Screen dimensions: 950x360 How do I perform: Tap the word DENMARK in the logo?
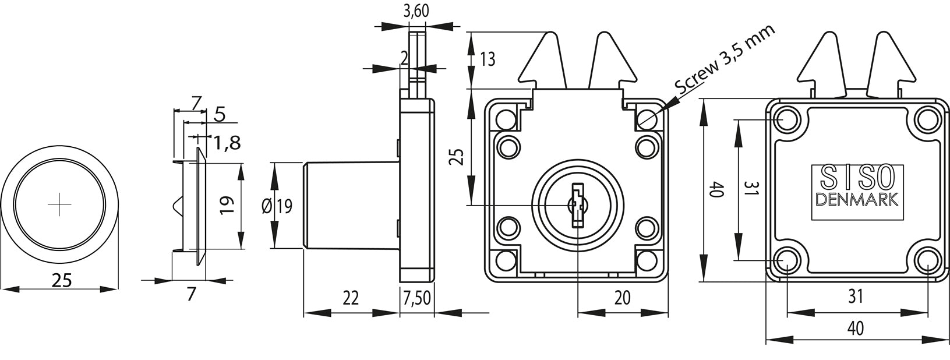[x=857, y=199]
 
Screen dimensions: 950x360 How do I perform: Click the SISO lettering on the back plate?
[x=857, y=177]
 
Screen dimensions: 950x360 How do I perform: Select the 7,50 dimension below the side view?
[x=416, y=298]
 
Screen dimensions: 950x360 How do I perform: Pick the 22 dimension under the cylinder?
[x=350, y=298]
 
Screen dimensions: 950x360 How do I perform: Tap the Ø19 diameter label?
[x=277, y=207]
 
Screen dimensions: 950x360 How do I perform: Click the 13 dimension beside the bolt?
[x=488, y=59]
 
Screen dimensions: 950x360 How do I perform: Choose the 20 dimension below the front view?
[x=622, y=298]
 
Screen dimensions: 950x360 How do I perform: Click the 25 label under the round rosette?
[x=62, y=280]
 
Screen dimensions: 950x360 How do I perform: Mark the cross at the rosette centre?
[x=59, y=204]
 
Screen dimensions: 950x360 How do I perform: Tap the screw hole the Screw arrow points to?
[x=647, y=119]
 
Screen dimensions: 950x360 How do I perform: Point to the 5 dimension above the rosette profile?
[x=219, y=115]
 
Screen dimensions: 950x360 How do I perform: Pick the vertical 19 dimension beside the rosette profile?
[x=226, y=205]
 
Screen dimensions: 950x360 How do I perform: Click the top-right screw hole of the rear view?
[x=927, y=120]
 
